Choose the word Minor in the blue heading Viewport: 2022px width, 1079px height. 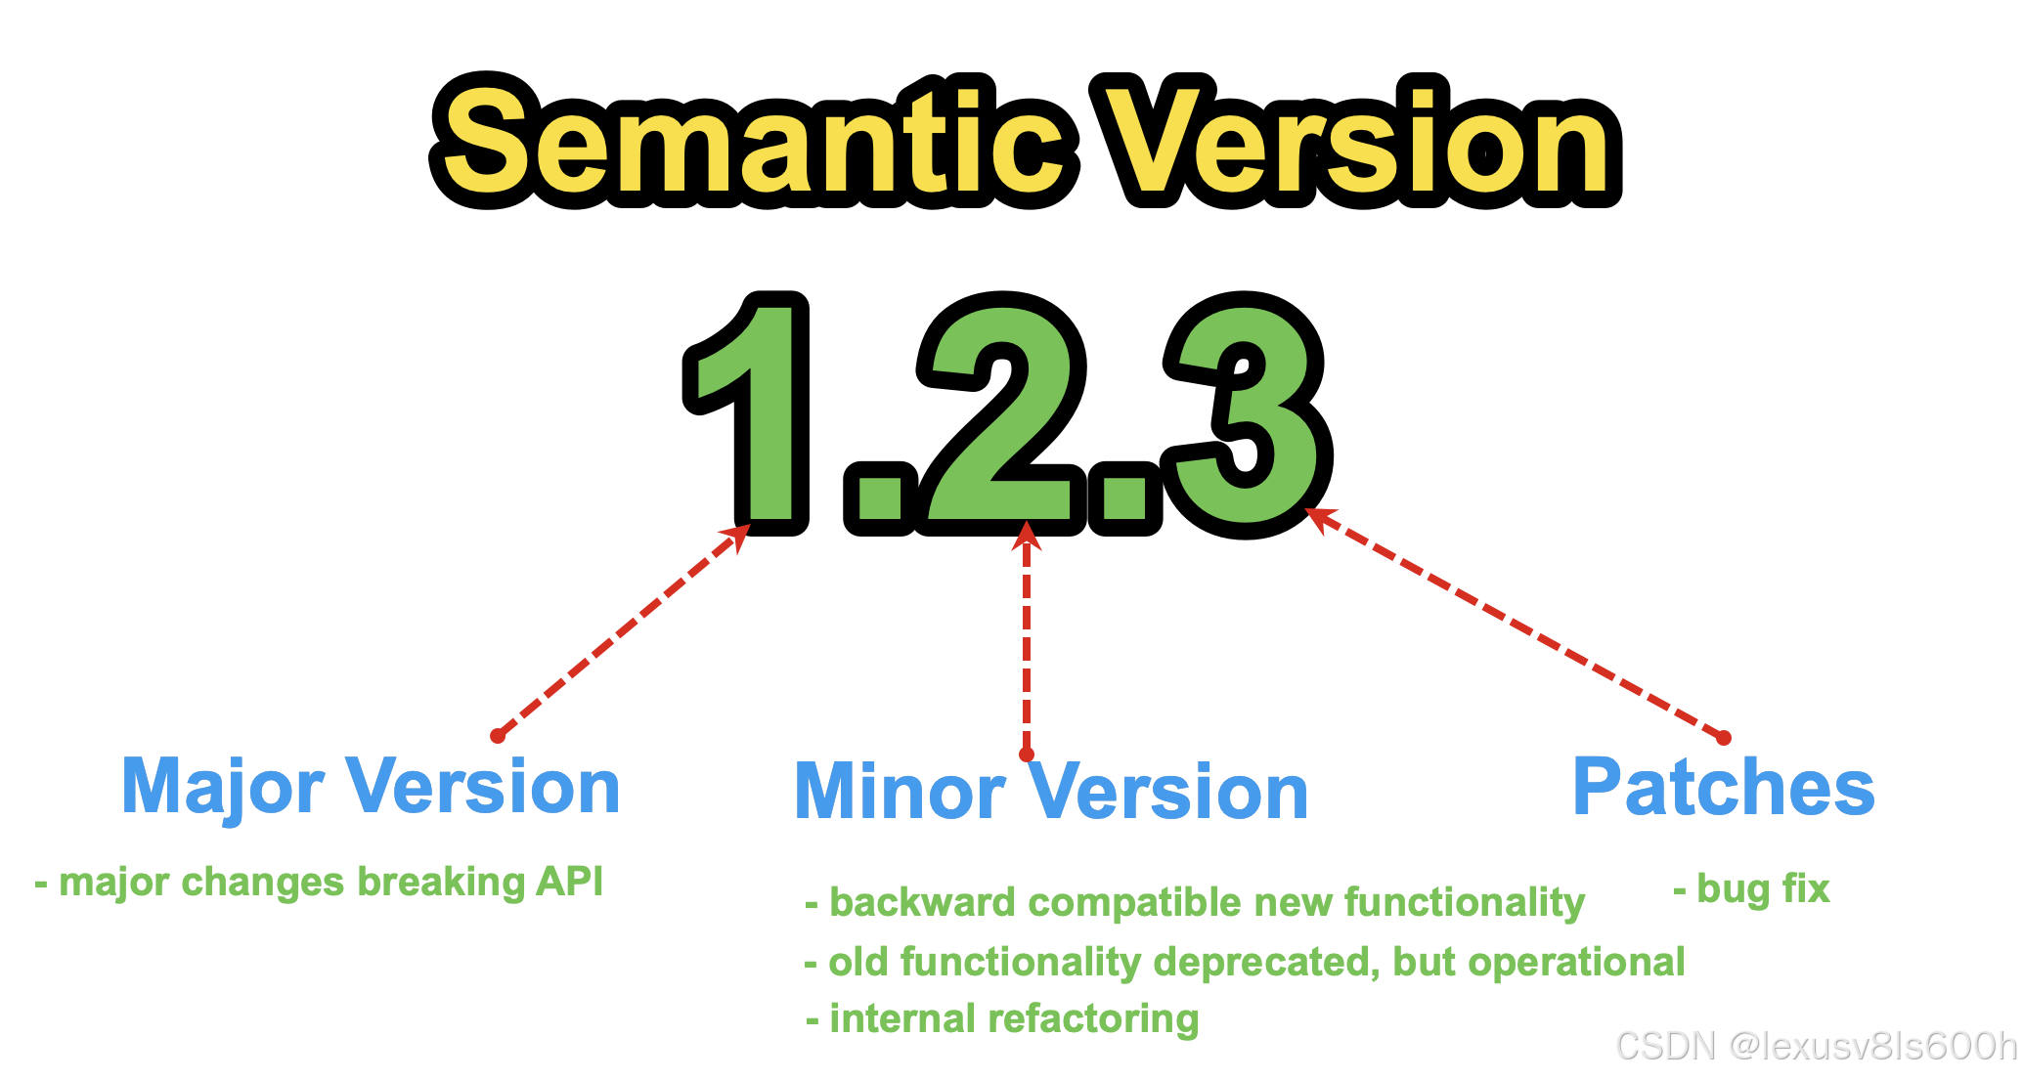(x=900, y=792)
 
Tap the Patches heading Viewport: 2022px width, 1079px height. (x=1723, y=788)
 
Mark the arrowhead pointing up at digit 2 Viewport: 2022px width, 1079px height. (x=1026, y=536)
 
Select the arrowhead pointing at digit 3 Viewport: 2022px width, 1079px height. (x=1319, y=517)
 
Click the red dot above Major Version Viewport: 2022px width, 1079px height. (x=498, y=735)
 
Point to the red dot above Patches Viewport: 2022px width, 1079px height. (x=1724, y=738)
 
